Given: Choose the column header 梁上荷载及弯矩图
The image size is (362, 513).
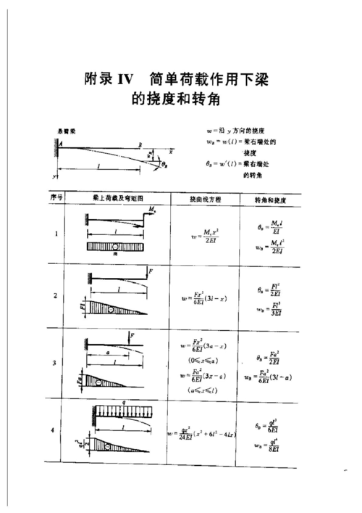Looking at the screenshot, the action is click(x=118, y=197).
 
